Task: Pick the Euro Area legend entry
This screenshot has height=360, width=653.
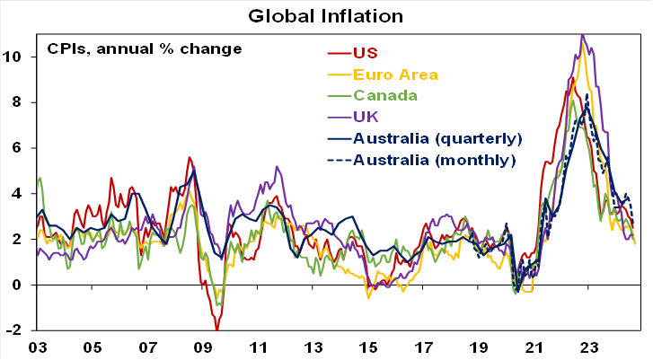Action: [395, 74]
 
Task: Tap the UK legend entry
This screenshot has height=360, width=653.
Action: [366, 117]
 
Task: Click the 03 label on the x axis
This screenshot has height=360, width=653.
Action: [38, 347]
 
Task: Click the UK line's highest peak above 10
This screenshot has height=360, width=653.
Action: [582, 35]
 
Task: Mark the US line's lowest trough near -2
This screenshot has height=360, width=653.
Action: [216, 329]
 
